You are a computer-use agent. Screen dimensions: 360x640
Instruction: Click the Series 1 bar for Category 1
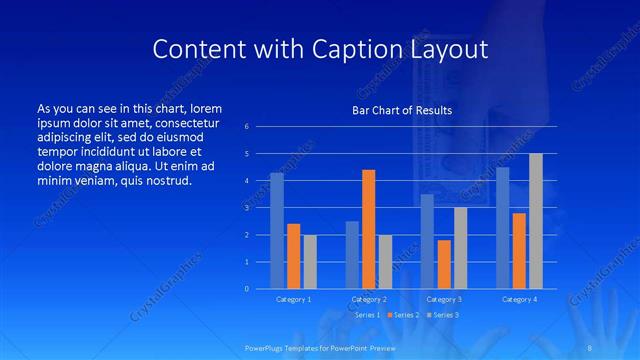[x=276, y=231]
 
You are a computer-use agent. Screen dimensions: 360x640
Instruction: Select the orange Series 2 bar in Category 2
[x=368, y=229]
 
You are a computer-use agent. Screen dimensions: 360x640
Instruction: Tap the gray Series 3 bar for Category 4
[x=535, y=221]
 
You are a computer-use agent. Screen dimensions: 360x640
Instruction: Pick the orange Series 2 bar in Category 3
[x=444, y=264]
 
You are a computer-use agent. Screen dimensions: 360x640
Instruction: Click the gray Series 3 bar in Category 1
[x=310, y=262]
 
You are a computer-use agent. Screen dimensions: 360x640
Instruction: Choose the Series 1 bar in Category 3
[x=427, y=241]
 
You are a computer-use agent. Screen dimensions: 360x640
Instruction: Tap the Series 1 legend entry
[x=364, y=315]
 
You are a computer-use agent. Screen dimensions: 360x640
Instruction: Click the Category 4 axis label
[x=518, y=299]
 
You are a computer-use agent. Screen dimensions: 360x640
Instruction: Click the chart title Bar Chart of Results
[x=402, y=110]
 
